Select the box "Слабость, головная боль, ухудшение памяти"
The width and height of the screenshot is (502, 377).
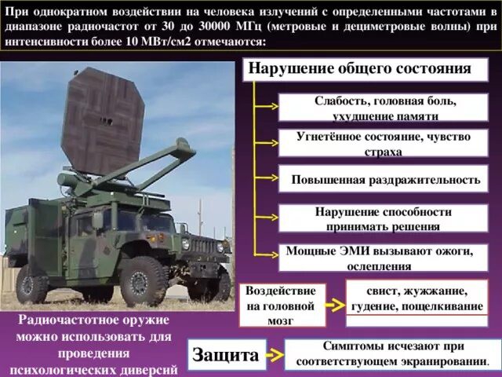click(384, 108)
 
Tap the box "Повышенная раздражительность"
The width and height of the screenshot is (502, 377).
click(384, 179)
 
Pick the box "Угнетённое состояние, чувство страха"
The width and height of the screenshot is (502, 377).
click(384, 143)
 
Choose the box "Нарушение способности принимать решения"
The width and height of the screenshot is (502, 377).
click(384, 218)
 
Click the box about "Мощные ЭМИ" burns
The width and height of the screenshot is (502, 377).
click(384, 258)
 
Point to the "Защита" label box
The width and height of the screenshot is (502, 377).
click(227, 354)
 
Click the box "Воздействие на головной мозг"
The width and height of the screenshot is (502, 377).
click(282, 306)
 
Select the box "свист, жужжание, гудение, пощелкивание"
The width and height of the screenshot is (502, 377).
click(417, 303)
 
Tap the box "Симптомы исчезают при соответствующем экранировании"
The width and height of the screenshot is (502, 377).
click(392, 354)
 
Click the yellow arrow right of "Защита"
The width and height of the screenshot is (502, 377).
click(275, 355)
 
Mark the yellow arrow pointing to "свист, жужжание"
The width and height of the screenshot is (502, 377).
click(335, 305)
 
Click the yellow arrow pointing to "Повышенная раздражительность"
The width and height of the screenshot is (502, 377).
click(266, 178)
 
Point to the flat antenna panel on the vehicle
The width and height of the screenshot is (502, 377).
click(103, 122)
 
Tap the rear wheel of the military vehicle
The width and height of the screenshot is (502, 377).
click(31, 284)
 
